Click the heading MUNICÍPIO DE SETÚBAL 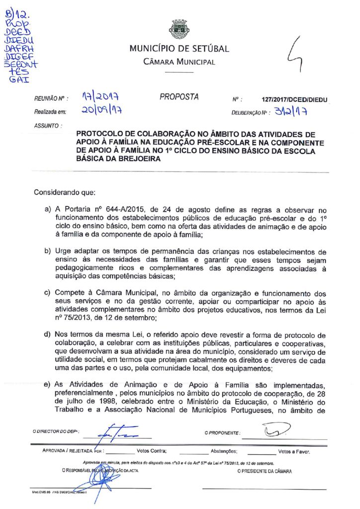click(179, 49)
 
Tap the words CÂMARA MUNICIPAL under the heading click(179, 62)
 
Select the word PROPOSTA click(179, 97)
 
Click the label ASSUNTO click(48, 125)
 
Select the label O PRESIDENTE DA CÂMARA click(265, 471)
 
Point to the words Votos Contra click(151, 452)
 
